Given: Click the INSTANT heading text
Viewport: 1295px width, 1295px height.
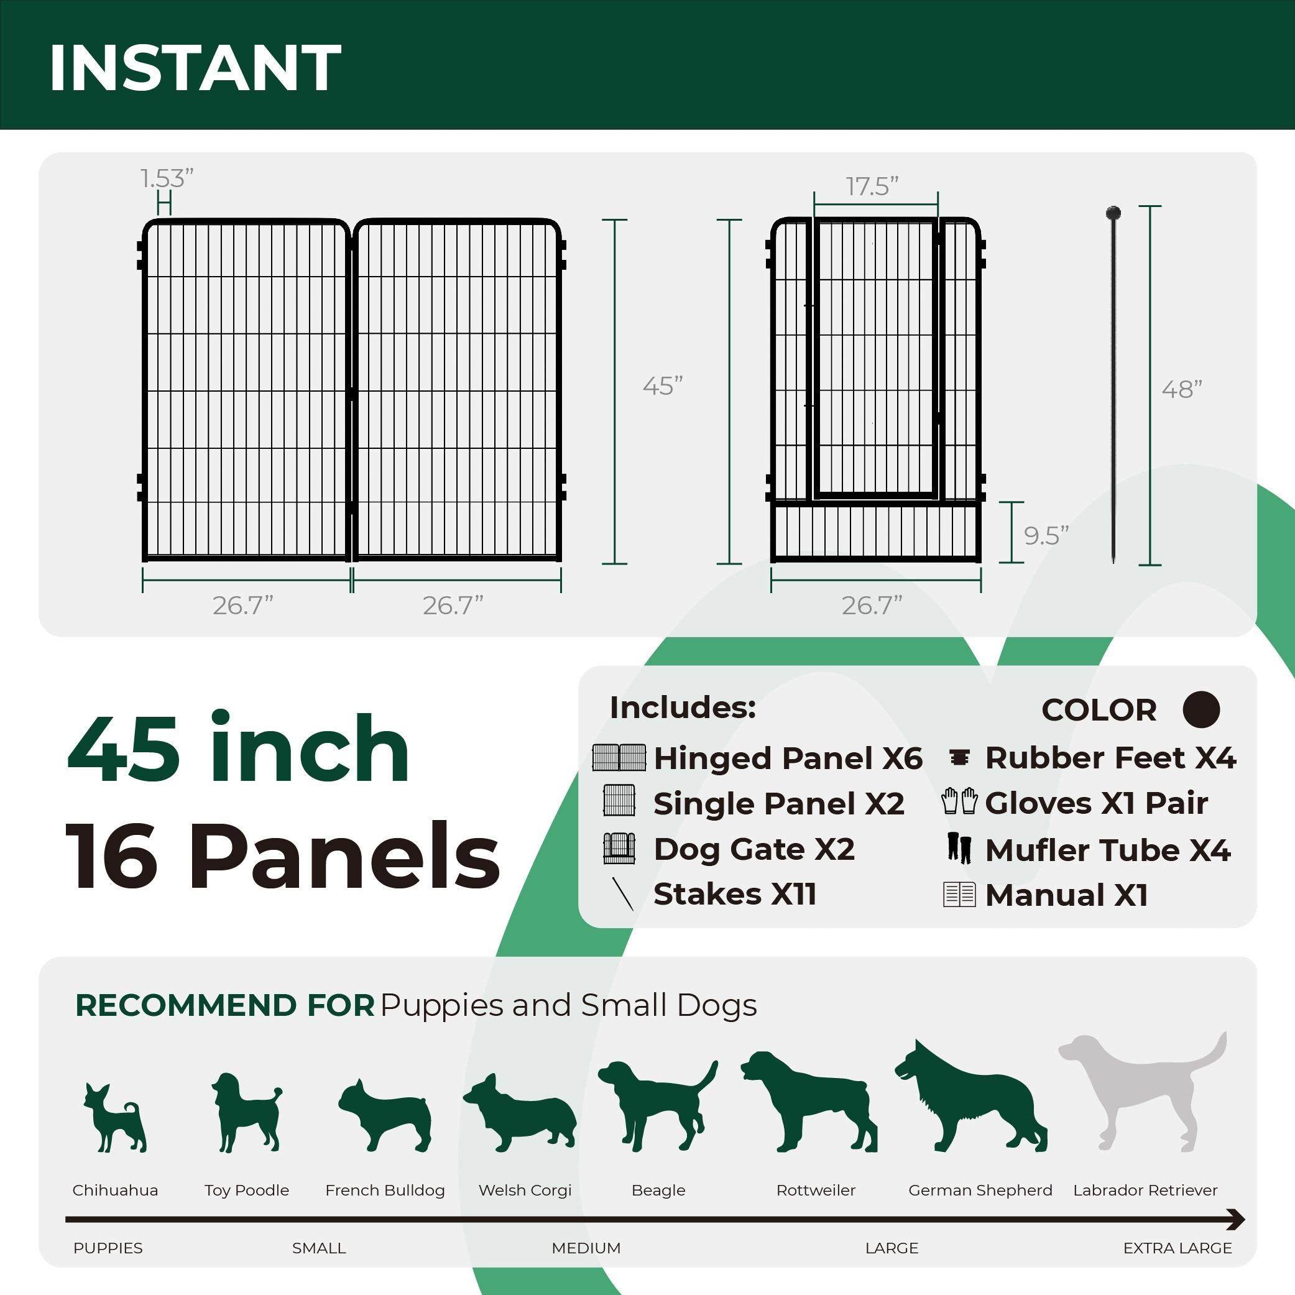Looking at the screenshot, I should click(195, 68).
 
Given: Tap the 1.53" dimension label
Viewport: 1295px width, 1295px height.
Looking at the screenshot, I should click(167, 179).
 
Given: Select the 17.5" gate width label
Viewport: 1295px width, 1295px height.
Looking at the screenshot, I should click(872, 187).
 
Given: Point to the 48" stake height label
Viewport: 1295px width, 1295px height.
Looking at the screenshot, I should click(1182, 389).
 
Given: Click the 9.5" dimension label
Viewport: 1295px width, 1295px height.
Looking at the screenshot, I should click(1046, 535).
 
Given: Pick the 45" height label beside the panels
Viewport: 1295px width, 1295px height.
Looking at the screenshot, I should click(662, 386).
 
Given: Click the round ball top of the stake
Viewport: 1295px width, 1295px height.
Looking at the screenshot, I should click(1113, 214).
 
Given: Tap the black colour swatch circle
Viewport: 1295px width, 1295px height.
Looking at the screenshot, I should click(1201, 709).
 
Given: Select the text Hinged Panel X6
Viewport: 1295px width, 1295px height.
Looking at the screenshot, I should click(788, 758).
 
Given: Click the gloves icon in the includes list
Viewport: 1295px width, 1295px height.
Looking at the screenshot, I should click(959, 801).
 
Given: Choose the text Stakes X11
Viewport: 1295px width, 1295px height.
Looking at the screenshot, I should click(735, 894).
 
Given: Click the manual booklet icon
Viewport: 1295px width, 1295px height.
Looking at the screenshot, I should click(959, 895).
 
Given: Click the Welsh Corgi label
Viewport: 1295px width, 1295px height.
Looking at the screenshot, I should click(525, 1191).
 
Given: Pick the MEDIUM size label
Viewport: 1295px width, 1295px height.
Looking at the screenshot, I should click(586, 1248).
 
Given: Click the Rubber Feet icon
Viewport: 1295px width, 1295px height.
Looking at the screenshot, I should click(960, 758).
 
